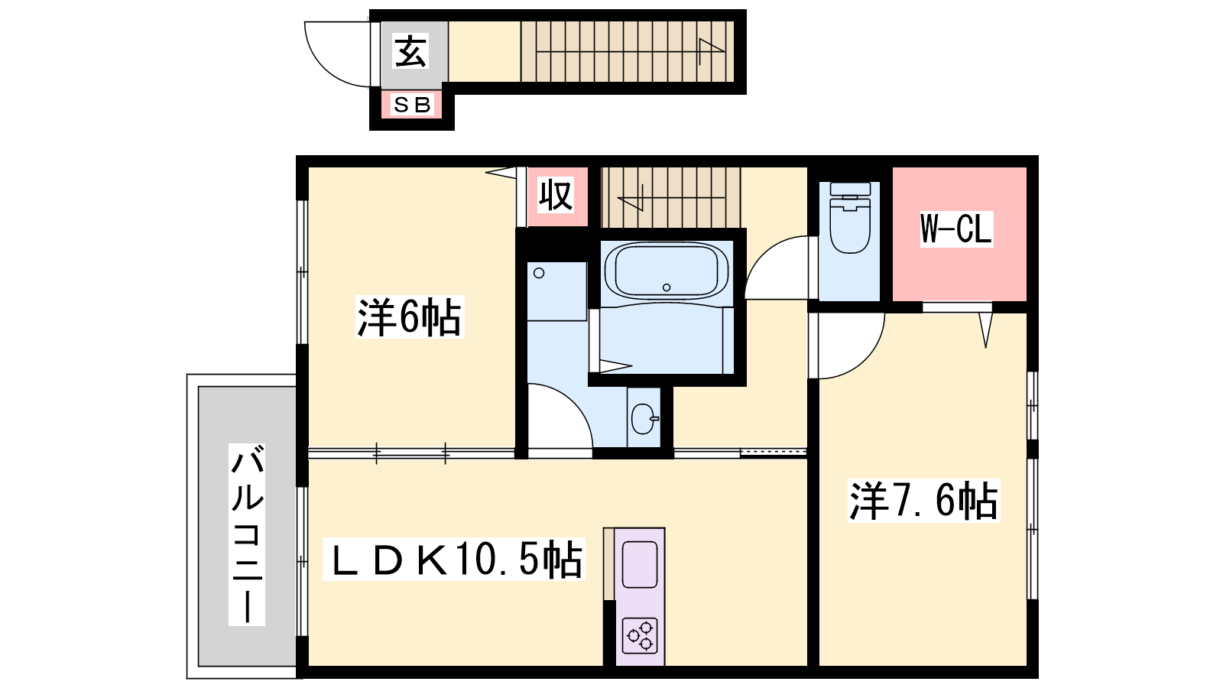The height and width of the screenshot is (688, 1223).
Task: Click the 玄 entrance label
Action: click(410, 51)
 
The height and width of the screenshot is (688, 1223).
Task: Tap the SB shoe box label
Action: click(412, 104)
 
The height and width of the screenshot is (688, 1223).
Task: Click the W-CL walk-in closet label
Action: click(956, 229)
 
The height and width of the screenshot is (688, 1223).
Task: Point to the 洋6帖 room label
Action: click(410, 316)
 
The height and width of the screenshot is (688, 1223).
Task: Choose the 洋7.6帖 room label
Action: click(923, 501)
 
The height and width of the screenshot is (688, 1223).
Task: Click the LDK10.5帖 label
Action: click(454, 559)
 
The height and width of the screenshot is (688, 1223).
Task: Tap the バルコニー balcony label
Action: click(247, 534)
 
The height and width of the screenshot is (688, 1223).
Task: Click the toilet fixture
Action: click(849, 218)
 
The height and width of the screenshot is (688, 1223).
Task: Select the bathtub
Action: click(666, 271)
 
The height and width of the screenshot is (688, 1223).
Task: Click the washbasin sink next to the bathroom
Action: click(644, 419)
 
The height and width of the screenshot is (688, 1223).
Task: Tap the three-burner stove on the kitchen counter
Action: click(640, 636)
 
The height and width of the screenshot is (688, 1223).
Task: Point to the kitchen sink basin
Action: click(639, 565)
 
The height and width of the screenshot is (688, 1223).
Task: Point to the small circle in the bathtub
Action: click(666, 287)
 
